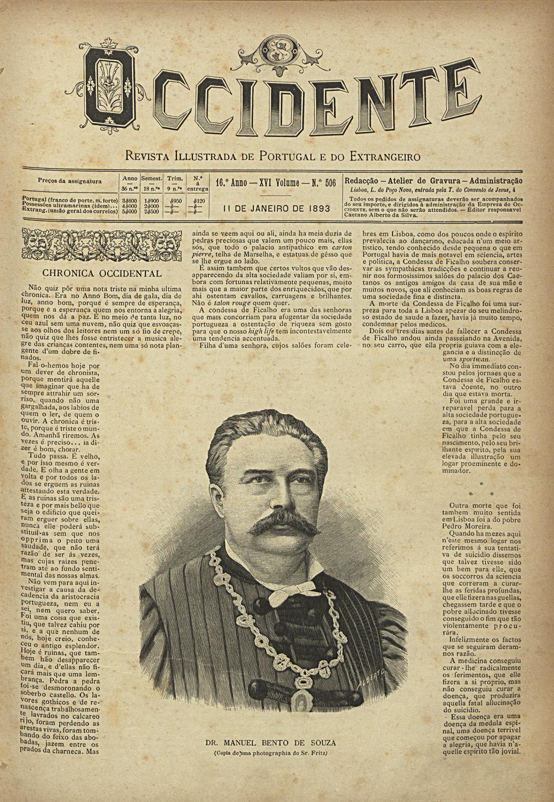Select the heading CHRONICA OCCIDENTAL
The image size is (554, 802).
(102, 273)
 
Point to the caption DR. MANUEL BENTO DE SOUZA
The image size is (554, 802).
(270, 742)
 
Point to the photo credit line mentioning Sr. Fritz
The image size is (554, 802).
(270, 753)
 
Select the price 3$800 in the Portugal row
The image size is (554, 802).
(129, 201)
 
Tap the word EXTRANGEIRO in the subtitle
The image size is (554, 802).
(385, 157)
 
